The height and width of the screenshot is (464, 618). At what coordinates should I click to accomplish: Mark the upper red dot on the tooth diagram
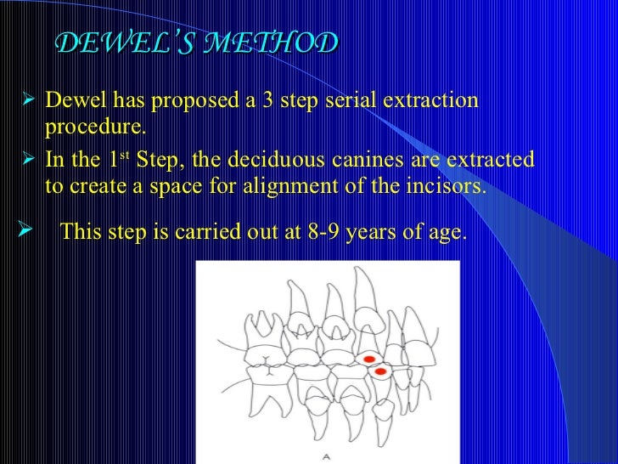(x=369, y=360)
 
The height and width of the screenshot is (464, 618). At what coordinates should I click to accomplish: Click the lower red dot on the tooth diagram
(x=380, y=372)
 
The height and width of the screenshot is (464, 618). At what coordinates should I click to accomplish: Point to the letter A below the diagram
(x=326, y=456)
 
